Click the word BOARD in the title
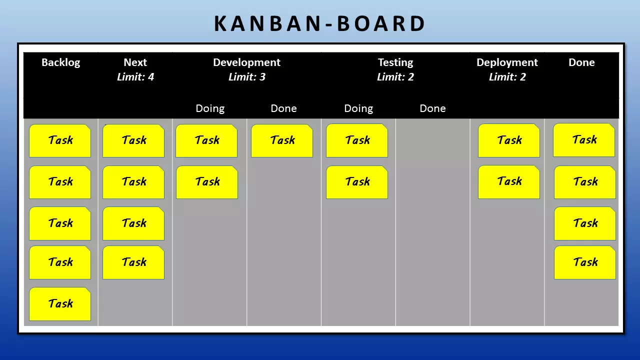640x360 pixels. tap(381, 23)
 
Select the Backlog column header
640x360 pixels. tap(61, 62)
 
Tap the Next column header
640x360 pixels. tap(135, 62)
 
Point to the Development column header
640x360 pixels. tap(247, 62)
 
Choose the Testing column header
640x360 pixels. tap(395, 62)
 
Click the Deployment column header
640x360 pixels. tap(507, 62)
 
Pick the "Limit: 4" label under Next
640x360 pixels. tap(135, 76)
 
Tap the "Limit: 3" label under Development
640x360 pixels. tap(247, 76)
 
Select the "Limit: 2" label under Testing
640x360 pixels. tap(395, 76)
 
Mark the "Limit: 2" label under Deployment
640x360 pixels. tap(507, 76)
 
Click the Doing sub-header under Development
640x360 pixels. tap(210, 108)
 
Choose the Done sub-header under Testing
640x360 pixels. tap(432, 108)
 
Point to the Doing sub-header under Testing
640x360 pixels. tap(358, 108)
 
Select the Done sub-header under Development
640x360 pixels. tap(283, 108)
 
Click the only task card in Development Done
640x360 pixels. tap(282, 140)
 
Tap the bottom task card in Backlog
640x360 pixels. tap(60, 304)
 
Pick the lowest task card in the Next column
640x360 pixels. tap(133, 262)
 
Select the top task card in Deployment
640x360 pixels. tap(509, 140)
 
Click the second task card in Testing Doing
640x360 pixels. tap(357, 182)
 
